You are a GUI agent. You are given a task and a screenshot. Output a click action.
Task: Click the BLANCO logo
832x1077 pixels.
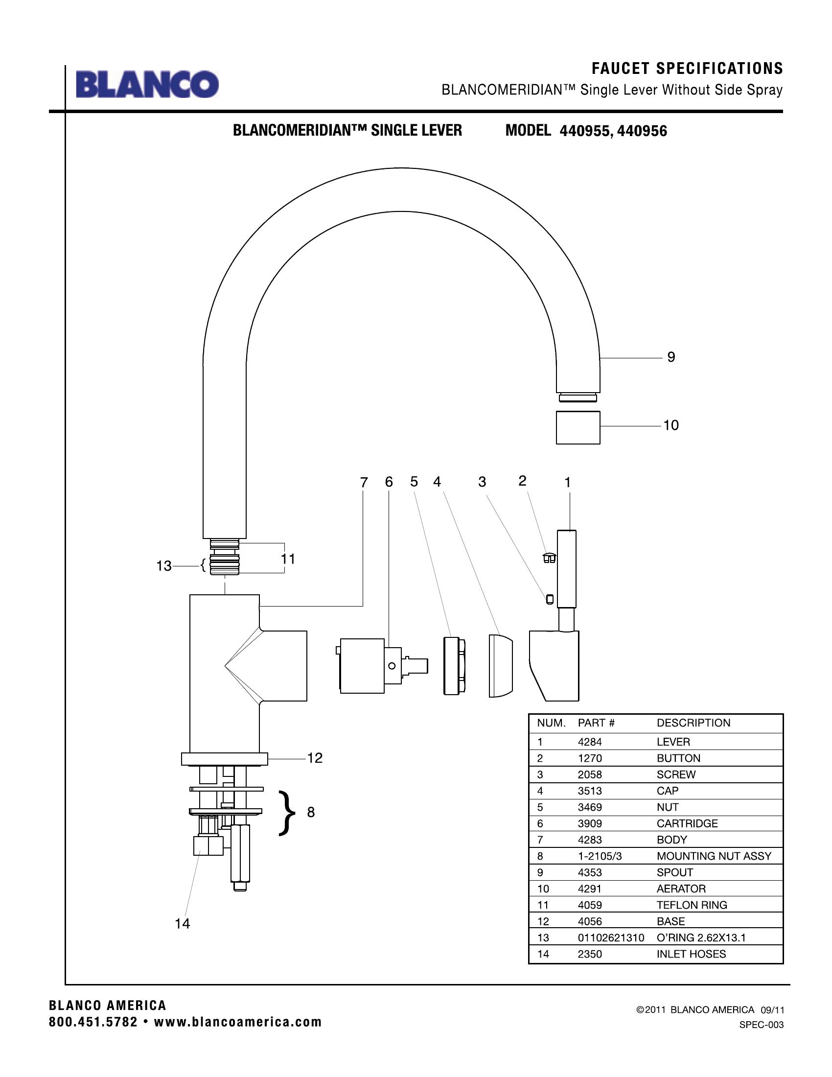pos(147,84)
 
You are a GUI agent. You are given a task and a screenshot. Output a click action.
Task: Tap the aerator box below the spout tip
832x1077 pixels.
pos(578,427)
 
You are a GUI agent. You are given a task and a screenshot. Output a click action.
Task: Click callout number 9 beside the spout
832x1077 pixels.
pos(671,357)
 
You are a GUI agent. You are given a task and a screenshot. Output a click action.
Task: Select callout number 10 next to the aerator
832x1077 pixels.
pos(671,425)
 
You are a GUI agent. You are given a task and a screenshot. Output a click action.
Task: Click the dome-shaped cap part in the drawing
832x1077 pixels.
pos(500,666)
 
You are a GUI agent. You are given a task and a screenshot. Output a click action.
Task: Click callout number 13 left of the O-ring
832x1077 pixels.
pos(163,566)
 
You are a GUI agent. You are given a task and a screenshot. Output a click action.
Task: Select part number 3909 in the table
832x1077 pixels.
pos(590,823)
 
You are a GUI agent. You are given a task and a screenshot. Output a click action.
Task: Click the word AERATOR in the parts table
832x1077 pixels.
pos(681,889)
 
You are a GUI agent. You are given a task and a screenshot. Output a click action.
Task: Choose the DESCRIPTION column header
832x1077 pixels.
pos(693,723)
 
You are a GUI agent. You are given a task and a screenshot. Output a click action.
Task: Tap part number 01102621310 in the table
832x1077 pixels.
pos(611,937)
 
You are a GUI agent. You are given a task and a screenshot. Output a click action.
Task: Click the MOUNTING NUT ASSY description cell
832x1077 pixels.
pos(714,856)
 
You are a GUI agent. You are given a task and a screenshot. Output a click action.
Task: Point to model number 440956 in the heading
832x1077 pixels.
pos(642,131)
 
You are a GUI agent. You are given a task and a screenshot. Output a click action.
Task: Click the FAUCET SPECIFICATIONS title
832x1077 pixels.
pos(687,69)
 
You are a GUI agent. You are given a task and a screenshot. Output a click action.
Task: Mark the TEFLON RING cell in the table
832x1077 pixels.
pos(692,905)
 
